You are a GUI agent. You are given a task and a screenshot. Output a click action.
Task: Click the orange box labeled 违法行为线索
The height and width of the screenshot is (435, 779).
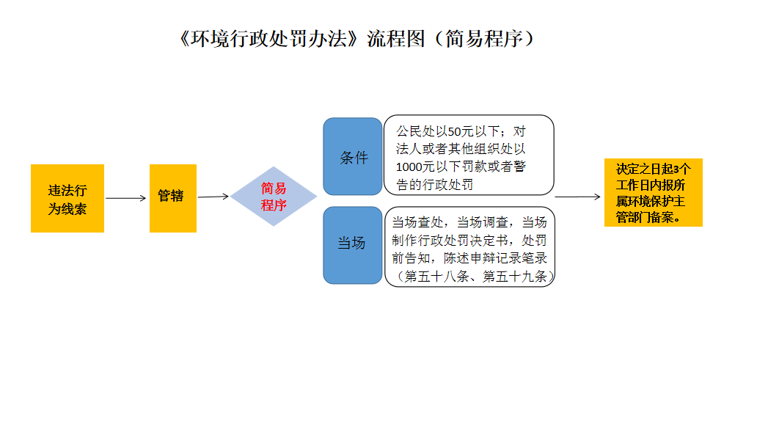point(67,198)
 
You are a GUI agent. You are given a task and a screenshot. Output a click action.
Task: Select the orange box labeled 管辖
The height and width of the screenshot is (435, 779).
point(172,197)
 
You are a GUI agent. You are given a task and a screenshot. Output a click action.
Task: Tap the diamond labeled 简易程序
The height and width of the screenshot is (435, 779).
point(274,197)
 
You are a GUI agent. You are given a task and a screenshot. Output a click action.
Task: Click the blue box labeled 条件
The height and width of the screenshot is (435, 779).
point(353,157)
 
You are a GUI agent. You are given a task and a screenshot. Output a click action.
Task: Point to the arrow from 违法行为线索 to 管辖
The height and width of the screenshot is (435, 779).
point(126,198)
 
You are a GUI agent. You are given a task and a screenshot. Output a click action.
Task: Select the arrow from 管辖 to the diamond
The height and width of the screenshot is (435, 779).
point(213,197)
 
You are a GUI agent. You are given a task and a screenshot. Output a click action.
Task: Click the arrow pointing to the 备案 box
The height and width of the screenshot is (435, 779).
point(577,197)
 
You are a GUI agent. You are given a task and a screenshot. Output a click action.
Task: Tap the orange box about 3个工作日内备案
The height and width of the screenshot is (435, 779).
point(653,192)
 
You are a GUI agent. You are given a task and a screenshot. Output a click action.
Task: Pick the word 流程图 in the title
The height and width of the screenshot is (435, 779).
point(396,39)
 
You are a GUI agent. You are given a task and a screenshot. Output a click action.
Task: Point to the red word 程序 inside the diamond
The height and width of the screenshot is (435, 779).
point(274,205)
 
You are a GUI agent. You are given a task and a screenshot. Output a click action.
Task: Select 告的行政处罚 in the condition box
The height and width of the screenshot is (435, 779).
point(435,184)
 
